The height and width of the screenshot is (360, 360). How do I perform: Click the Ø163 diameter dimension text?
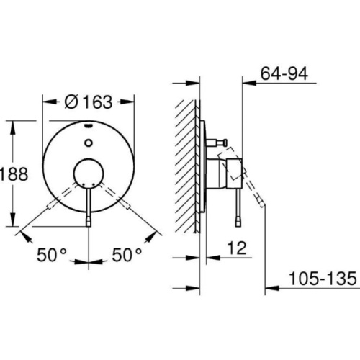[x=88, y=102]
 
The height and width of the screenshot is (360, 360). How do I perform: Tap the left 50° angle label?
[x=53, y=255]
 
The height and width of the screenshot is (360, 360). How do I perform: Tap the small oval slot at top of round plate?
[x=88, y=125]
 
